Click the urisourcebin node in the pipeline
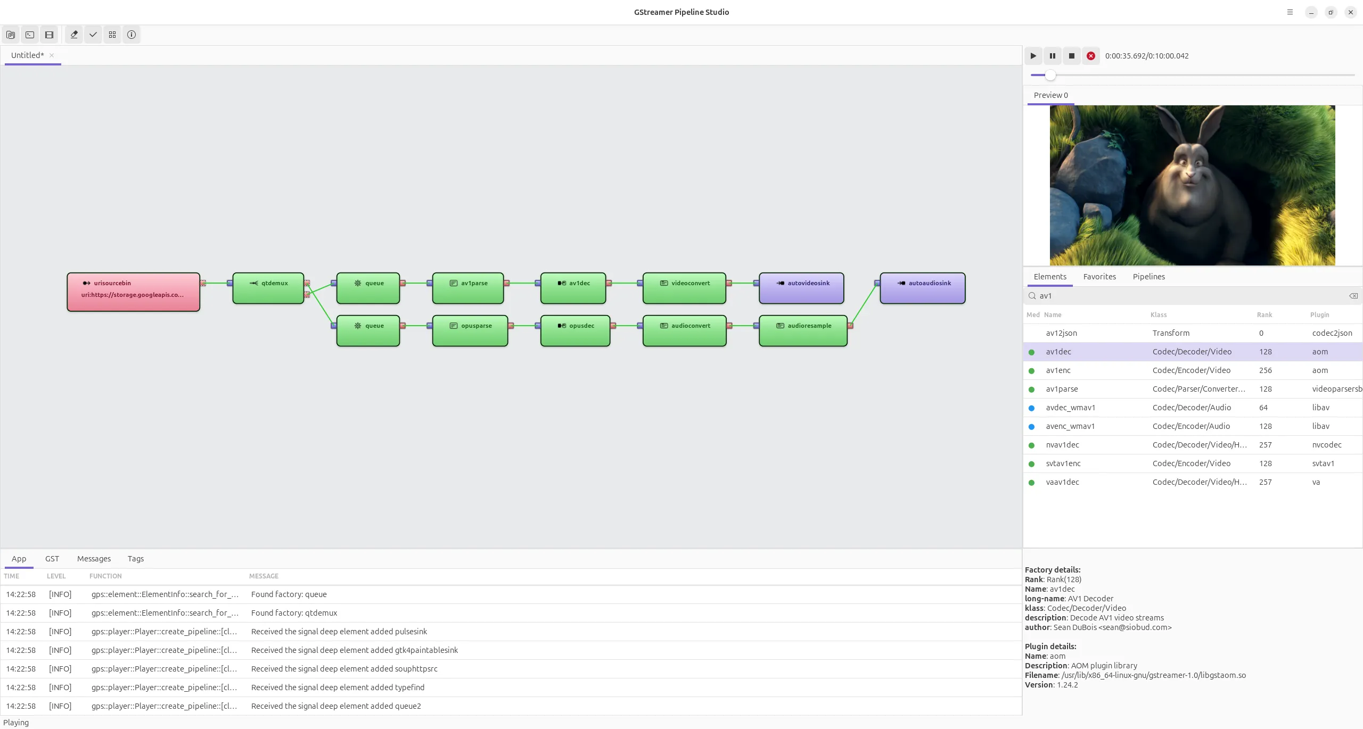point(133,292)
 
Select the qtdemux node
point(268,288)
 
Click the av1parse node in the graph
point(468,288)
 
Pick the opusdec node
point(575,330)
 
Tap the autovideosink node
point(801,288)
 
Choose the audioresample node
point(803,330)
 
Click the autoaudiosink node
point(923,288)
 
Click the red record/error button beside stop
point(1091,56)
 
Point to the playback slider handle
point(1050,75)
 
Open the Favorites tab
point(1099,277)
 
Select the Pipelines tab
point(1149,277)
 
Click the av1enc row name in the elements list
point(1058,370)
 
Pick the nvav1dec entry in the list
point(1062,445)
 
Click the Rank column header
point(1265,315)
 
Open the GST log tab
point(52,559)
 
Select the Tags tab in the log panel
point(136,559)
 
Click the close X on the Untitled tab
point(52,55)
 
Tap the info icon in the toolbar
point(132,35)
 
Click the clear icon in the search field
point(1353,296)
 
